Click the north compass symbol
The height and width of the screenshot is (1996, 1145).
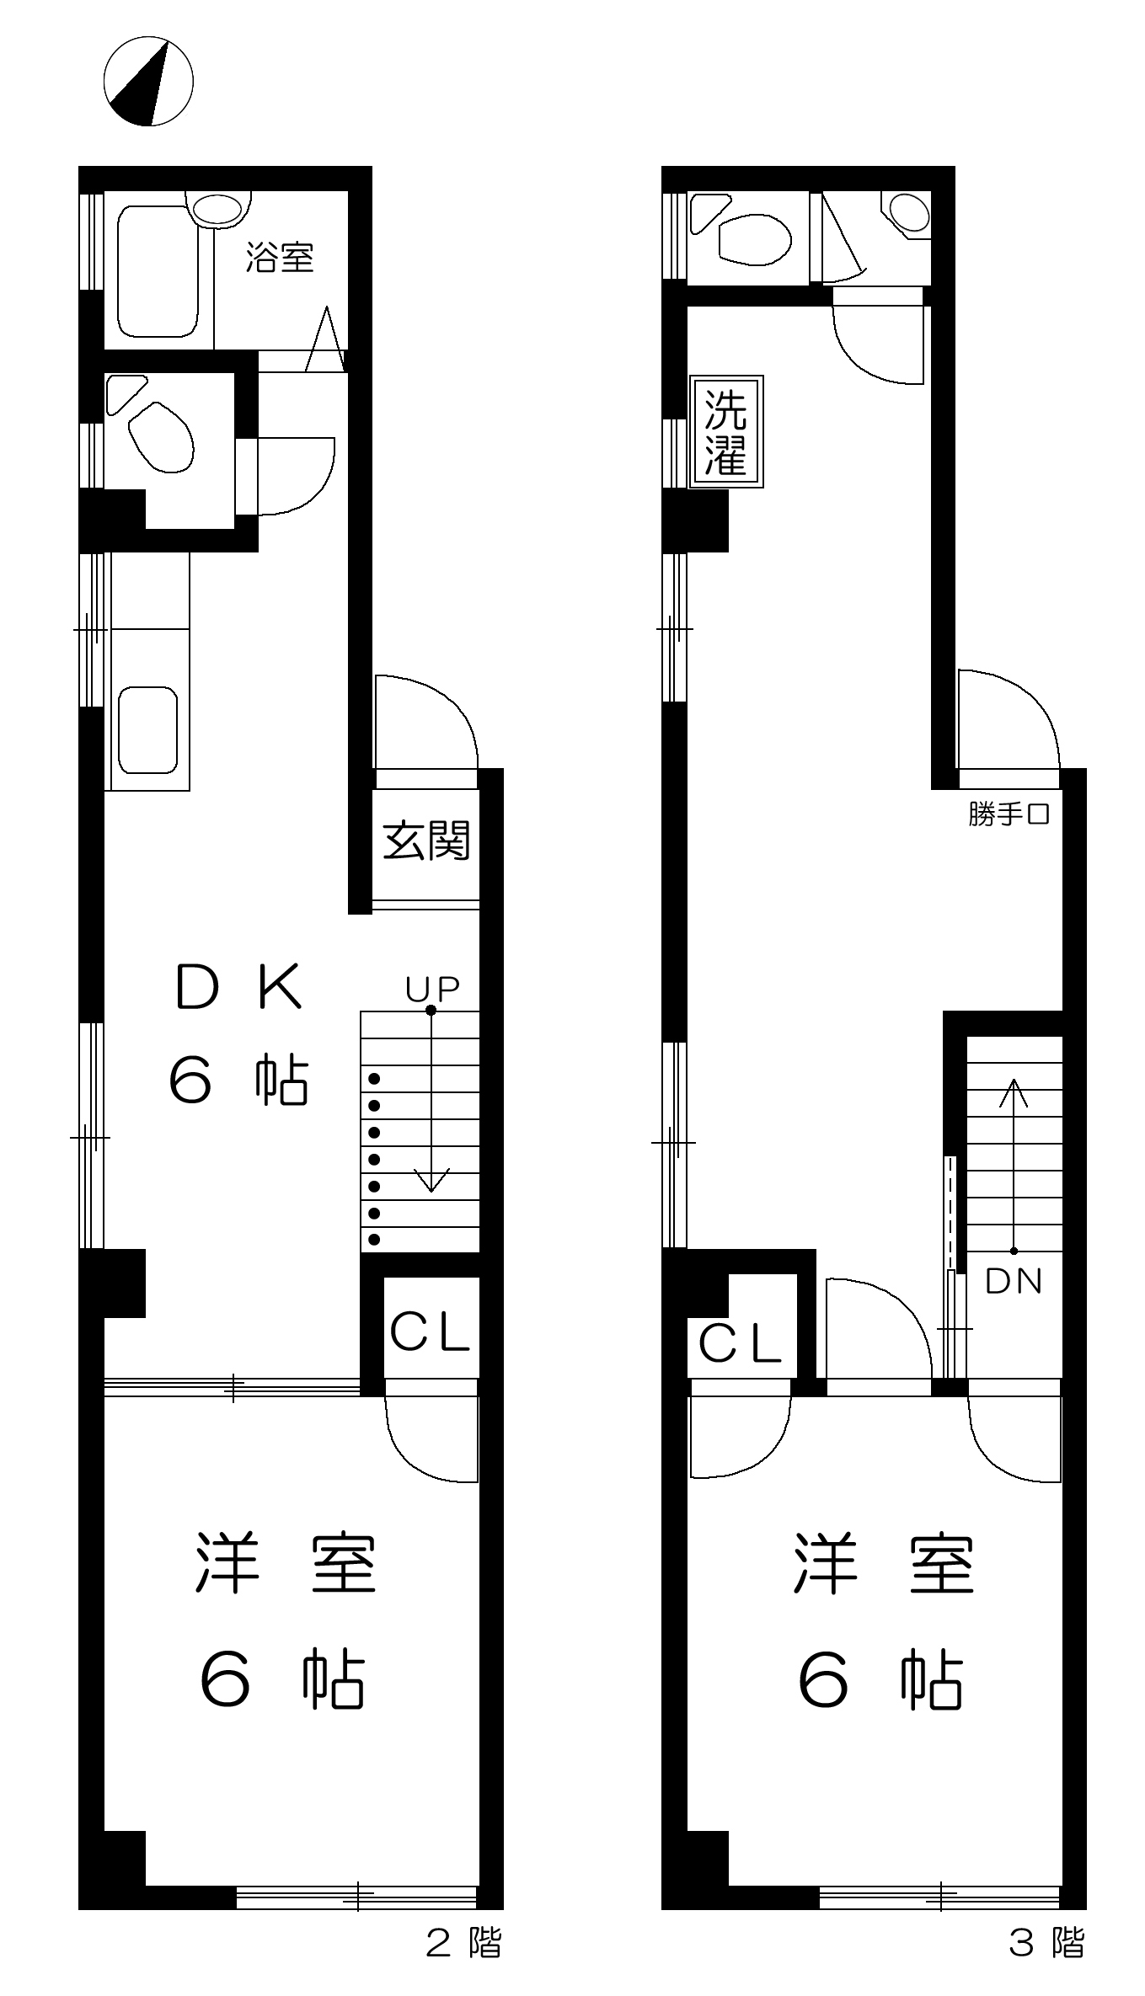pos(148,81)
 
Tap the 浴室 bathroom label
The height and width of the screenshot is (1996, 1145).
pos(280,257)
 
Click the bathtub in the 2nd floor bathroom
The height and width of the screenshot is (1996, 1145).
pos(158,271)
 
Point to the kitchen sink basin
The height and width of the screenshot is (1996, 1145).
pos(147,730)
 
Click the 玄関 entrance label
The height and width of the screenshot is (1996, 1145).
pos(426,840)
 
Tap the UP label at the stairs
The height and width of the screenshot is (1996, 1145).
pos(432,990)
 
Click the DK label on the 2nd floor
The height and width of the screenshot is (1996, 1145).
pos(238,987)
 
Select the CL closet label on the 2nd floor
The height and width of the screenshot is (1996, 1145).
pos(429,1332)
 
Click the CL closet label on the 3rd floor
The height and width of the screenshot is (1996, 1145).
pos(740,1343)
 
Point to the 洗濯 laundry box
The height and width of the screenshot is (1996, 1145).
pos(725,431)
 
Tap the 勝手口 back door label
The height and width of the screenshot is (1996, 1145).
pos(1009,814)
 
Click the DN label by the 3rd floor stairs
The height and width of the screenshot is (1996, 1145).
pos(1014,1281)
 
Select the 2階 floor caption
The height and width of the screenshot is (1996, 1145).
pos(463,1944)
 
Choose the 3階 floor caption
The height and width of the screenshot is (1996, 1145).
pos(1046,1944)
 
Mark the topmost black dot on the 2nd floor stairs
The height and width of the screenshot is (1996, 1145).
pos(374,1079)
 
